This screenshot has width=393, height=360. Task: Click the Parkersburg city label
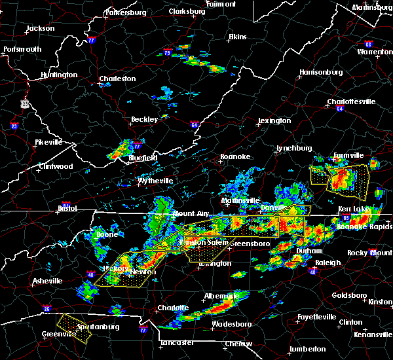click(124, 12)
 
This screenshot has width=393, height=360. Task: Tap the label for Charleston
click(117, 79)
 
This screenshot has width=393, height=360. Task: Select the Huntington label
click(58, 75)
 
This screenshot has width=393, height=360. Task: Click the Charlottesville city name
click(351, 101)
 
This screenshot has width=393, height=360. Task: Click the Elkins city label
click(236, 37)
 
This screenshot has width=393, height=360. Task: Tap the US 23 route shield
click(25, 103)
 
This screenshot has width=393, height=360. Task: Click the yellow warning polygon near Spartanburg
click(73, 327)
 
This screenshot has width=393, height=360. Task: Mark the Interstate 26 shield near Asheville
click(47, 308)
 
